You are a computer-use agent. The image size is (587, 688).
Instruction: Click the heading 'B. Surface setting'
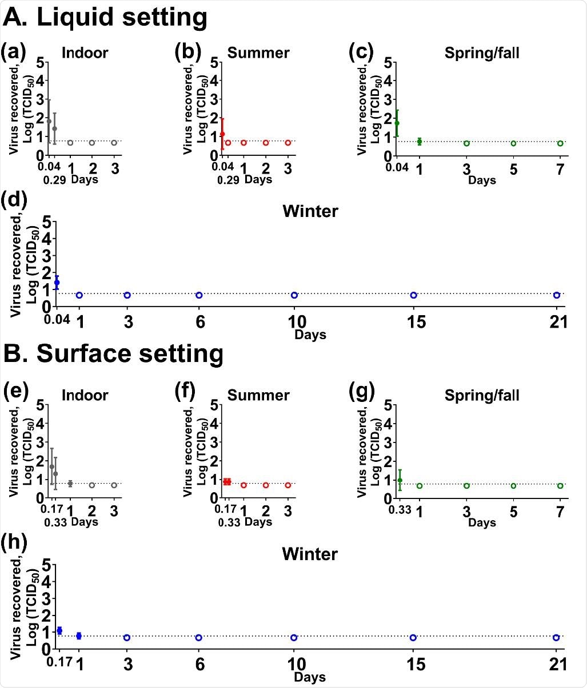coord(113,353)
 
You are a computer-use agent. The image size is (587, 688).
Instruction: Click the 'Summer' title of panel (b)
coord(258,53)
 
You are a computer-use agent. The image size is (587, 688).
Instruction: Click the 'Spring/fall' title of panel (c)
coord(482,53)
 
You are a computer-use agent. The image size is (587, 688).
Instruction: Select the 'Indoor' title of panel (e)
coord(85,395)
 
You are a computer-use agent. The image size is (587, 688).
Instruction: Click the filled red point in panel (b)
coord(222,134)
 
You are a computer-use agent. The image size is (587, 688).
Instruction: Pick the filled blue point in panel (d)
coord(57,283)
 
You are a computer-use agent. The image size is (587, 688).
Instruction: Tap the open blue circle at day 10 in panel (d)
coord(294,295)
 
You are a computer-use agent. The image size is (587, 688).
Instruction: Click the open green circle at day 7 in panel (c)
coord(560,143)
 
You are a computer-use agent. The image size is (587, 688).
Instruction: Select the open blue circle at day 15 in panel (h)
coord(413,637)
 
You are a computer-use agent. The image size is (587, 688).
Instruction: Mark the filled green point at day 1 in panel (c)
coord(420,141)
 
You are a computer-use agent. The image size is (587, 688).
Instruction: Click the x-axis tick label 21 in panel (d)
coord(557,322)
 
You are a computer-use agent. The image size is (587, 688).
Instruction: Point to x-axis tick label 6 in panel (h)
coord(198,665)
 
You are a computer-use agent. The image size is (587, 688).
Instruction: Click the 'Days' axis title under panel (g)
coord(481,522)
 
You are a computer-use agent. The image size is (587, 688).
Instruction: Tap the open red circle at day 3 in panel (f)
coord(288,485)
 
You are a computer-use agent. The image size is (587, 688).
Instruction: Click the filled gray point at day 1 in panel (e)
coord(70,483)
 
